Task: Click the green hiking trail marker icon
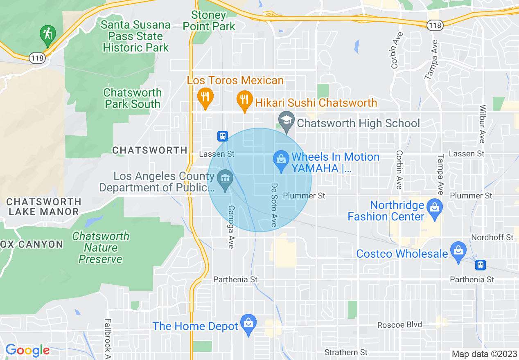[x=48, y=35]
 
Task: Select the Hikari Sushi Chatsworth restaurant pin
[x=244, y=100]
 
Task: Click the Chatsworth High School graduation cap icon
[x=287, y=121]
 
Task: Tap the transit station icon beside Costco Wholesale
[x=481, y=265]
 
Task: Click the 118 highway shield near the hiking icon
[x=37, y=58]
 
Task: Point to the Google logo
[x=27, y=351]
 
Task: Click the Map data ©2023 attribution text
[x=484, y=354]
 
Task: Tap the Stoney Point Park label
[x=209, y=21]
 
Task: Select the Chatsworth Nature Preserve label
[x=101, y=248]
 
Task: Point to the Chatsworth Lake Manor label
[x=44, y=207]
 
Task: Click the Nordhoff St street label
[x=492, y=237]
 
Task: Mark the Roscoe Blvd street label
[x=399, y=325]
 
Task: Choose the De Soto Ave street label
[x=274, y=205]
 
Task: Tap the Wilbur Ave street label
[x=482, y=124]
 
